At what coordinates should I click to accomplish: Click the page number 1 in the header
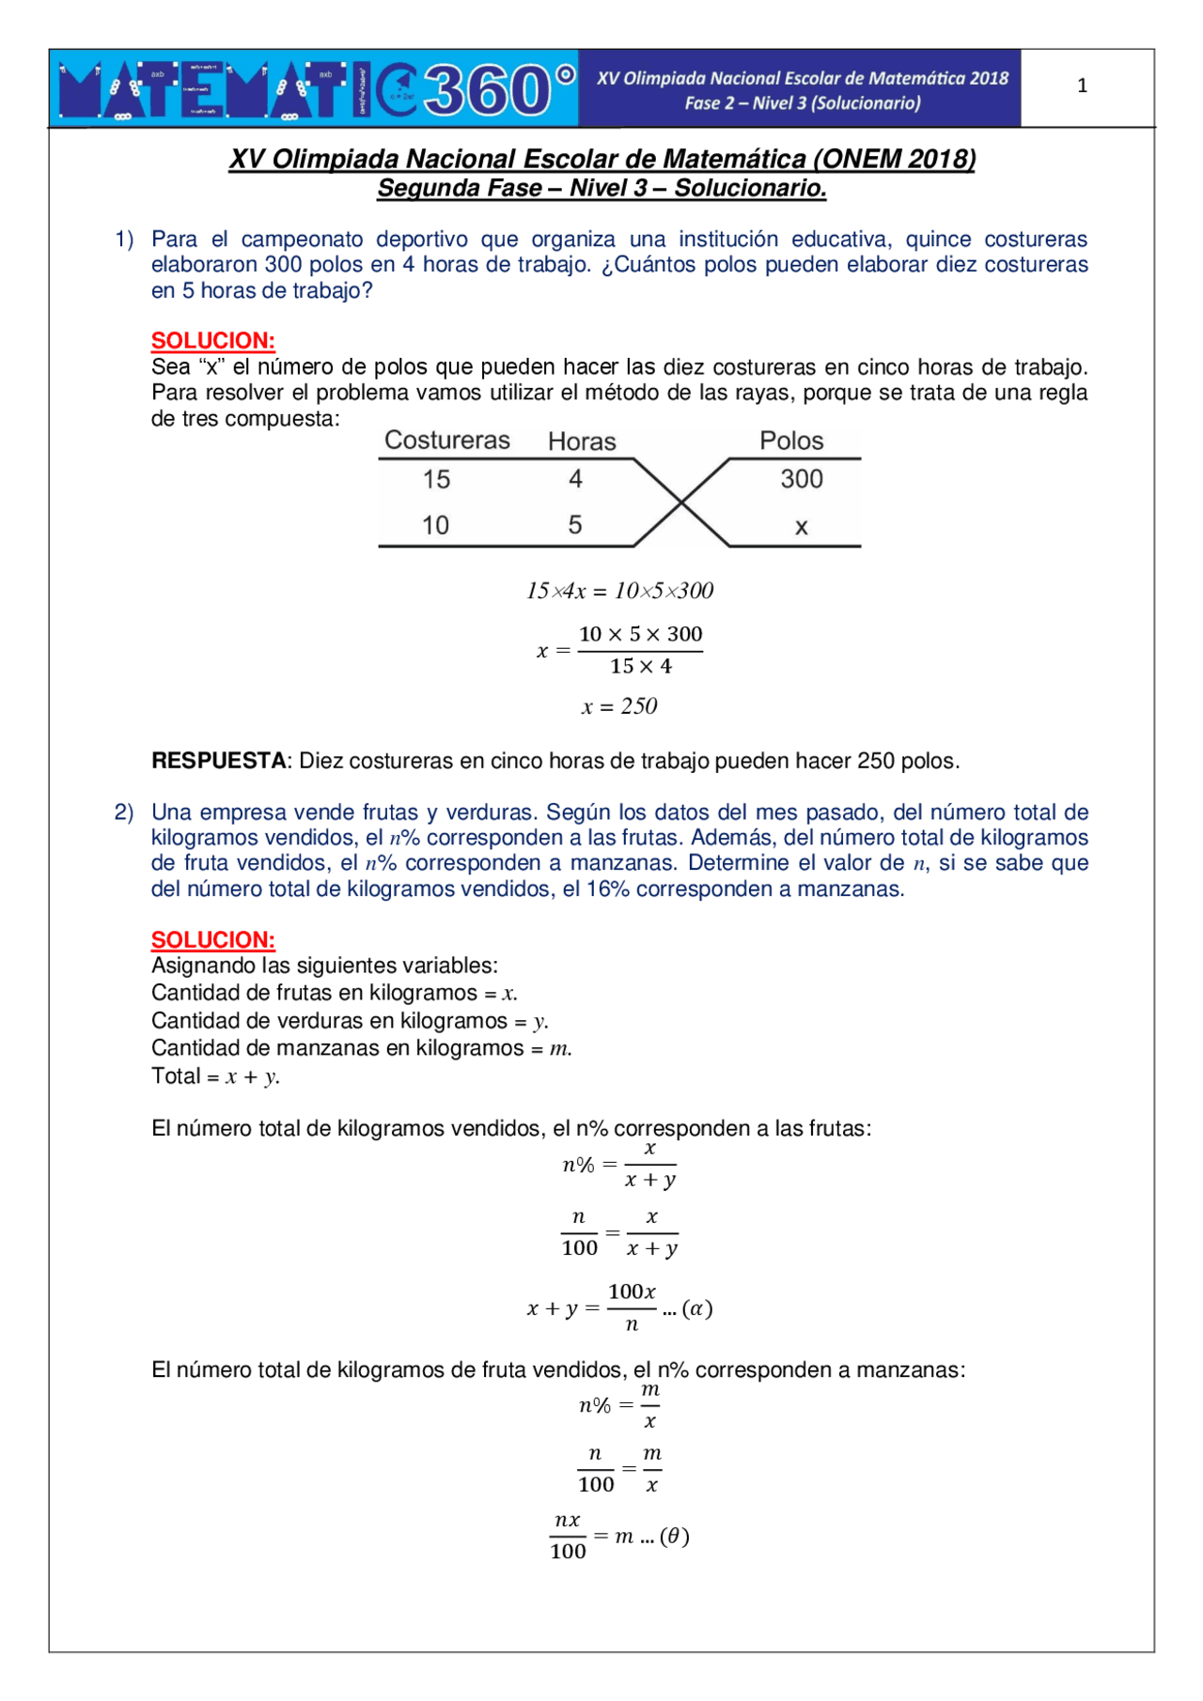[1082, 85]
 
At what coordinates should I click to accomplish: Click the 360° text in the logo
[498, 90]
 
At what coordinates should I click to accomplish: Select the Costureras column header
[447, 441]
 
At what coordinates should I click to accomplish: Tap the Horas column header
[582, 441]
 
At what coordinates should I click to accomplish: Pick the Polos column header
[791, 441]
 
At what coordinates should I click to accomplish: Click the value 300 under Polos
[802, 479]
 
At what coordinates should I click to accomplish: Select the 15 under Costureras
[436, 479]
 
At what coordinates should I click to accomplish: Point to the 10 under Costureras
[435, 525]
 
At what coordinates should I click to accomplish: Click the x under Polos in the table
[802, 527]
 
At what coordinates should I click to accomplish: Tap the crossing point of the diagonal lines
[681, 503]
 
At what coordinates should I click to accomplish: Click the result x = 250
[619, 706]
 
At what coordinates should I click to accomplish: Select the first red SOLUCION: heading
[213, 341]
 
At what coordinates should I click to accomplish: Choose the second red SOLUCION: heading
[213, 940]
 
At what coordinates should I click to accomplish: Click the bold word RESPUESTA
[219, 761]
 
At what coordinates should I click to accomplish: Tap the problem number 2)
[124, 812]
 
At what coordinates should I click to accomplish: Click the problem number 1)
[124, 240]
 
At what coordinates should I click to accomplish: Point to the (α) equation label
[697, 1308]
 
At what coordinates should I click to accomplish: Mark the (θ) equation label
[675, 1537]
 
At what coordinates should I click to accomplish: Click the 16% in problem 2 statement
[608, 889]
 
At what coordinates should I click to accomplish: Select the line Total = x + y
[216, 1076]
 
